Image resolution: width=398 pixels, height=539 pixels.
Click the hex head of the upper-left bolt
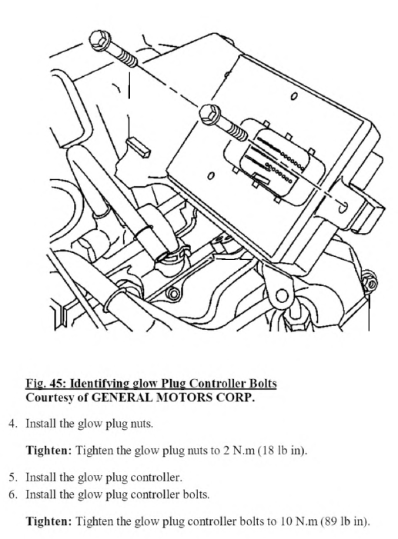pos(99,41)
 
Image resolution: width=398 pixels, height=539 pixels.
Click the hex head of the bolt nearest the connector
pos(209,114)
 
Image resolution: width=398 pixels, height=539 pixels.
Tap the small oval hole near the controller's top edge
pos(293,96)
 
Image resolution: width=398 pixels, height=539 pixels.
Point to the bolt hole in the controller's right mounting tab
pos(343,208)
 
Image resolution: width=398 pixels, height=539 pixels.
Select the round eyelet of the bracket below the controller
pos(281,295)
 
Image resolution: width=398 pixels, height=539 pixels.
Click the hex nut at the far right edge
pos(371,284)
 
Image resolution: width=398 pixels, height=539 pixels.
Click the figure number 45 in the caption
pos(56,383)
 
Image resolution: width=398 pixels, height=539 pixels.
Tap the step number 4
pos(12,424)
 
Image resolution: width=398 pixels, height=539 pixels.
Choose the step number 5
pos(12,477)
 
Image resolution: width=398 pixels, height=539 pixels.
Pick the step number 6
pos(12,494)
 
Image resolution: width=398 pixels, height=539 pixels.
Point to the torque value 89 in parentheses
pos(329,521)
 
